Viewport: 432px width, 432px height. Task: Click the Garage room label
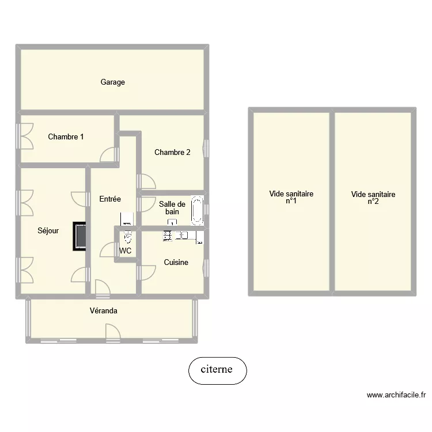[113, 82]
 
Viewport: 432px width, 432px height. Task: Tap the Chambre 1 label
[66, 137]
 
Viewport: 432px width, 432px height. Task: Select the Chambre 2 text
[172, 153]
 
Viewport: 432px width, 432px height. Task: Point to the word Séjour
[48, 230]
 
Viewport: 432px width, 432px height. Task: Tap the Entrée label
[110, 199]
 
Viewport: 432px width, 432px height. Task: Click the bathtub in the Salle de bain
[198, 210]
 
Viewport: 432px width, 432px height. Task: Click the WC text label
[126, 251]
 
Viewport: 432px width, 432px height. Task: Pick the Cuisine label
[176, 263]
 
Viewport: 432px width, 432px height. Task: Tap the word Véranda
[104, 311]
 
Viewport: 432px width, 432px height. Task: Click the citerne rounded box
[217, 370]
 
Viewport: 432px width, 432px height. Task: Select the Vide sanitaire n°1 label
[291, 198]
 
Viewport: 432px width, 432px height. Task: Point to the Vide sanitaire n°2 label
[373, 198]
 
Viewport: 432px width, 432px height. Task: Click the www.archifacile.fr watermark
[396, 395]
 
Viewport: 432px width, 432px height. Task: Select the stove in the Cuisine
[168, 235]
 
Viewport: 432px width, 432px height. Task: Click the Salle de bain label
[172, 208]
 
